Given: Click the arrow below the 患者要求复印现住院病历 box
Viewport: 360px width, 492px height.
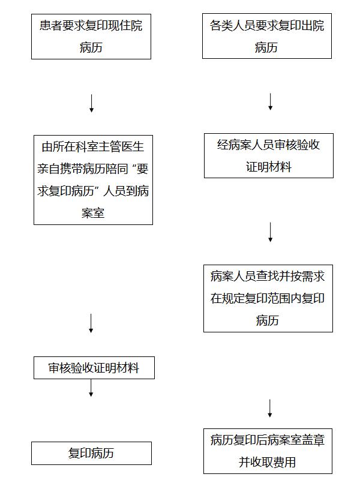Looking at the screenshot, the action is pyautogui.click(x=91, y=103).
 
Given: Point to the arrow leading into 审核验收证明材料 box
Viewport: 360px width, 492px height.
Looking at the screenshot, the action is pyautogui.click(x=91, y=323).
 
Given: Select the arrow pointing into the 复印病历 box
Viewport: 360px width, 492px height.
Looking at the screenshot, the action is pyautogui.click(x=91, y=388).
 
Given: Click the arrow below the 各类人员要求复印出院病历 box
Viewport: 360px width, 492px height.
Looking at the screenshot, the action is pyautogui.click(x=270, y=101).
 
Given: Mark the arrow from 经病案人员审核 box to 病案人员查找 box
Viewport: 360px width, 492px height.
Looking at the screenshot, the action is pyautogui.click(x=270, y=232).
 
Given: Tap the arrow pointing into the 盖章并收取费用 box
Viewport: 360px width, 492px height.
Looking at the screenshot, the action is pyautogui.click(x=269, y=408).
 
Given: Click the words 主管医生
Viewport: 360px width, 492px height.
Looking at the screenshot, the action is pyautogui.click(x=121, y=146).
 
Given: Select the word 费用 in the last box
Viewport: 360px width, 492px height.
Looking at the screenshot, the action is pyautogui.click(x=284, y=462).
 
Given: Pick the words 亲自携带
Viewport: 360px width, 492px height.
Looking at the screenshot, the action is pyautogui.click(x=60, y=169).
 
